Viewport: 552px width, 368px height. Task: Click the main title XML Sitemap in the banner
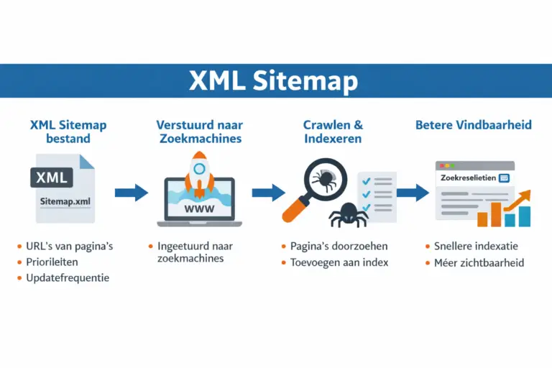click(x=273, y=80)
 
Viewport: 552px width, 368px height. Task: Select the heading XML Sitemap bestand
click(x=68, y=132)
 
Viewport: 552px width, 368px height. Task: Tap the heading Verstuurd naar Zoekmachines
click(x=199, y=132)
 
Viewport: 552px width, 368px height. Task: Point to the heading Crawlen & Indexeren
click(x=333, y=132)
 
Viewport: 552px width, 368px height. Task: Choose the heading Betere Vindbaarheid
click(x=474, y=125)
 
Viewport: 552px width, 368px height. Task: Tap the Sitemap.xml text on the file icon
click(x=65, y=202)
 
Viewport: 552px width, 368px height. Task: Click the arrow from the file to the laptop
click(x=131, y=192)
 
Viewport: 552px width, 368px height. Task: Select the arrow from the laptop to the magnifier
click(x=268, y=192)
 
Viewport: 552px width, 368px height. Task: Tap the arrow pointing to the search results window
click(x=413, y=192)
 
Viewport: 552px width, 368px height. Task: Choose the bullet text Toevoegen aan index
click(x=340, y=262)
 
